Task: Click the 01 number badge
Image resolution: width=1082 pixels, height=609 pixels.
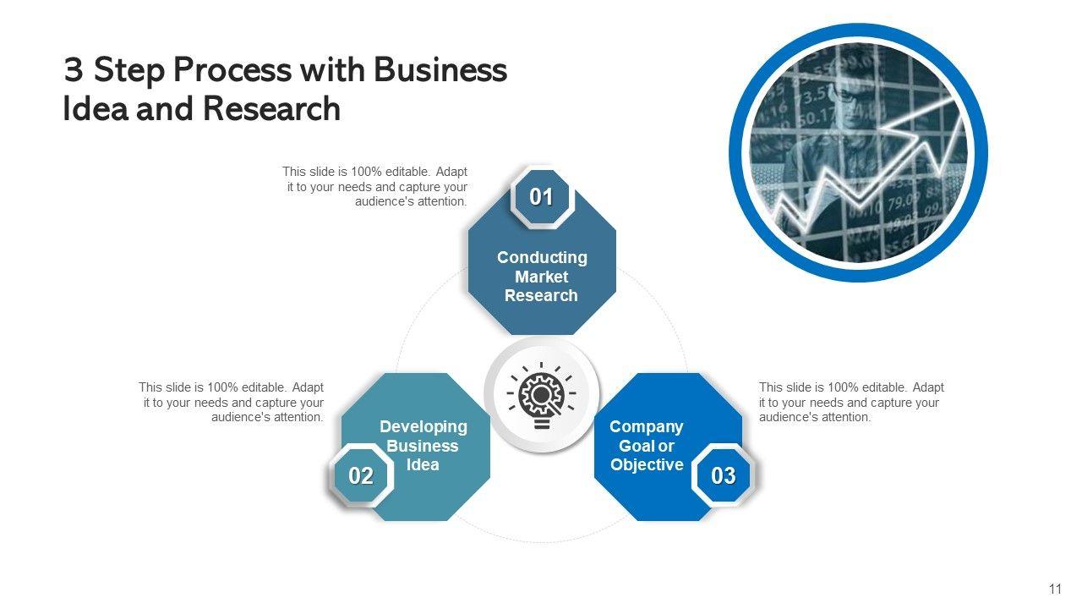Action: pos(541,198)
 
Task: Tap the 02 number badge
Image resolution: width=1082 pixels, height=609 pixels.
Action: pos(361,476)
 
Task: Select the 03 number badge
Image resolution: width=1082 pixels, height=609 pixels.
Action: pos(724,476)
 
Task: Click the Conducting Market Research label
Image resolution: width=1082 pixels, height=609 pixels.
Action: pos(541,277)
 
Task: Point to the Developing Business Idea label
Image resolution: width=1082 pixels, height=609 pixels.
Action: pos(423,446)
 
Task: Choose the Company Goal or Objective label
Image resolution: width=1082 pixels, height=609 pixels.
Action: pos(647,446)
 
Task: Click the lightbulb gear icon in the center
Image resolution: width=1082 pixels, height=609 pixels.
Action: pos(541,394)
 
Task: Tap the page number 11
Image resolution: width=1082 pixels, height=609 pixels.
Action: pos(1054,590)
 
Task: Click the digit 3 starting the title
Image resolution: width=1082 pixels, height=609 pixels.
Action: pos(73,70)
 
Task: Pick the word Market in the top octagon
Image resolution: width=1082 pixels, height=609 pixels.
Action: pos(541,277)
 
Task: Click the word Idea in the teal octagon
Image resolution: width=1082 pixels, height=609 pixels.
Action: pos(423,464)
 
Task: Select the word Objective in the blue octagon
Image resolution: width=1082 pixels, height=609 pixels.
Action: pos(647,464)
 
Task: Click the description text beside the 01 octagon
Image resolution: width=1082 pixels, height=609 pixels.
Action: pos(375,187)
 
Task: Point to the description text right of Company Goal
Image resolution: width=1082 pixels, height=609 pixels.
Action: pos(851,402)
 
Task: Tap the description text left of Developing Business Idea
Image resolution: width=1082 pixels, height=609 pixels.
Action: pos(232,402)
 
